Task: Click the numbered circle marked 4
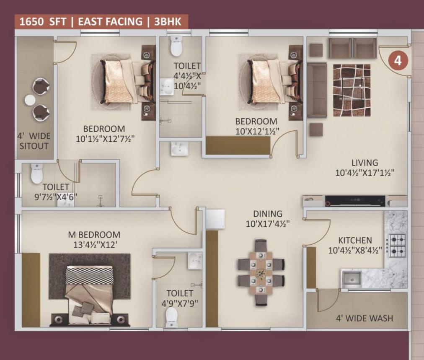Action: [398, 61]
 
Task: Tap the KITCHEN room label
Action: [355, 240]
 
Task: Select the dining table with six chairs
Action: [261, 272]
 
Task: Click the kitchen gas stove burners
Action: [397, 246]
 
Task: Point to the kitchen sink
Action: [352, 279]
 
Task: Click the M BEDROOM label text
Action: [94, 235]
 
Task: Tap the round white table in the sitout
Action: [29, 100]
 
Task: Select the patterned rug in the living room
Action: [352, 91]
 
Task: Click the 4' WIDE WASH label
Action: [364, 319]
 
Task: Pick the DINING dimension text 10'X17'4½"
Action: [268, 224]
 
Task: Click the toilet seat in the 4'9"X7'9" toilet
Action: [171, 317]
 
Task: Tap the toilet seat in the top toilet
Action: [176, 47]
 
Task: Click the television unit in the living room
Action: [355, 201]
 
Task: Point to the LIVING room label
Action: [365, 163]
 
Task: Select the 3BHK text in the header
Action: [168, 21]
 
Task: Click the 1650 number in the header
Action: [32, 22]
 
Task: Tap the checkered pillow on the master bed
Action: [89, 276]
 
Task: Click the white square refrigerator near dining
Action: [215, 219]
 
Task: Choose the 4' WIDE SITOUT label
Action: [34, 141]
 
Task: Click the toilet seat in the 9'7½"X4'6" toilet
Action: [37, 174]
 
